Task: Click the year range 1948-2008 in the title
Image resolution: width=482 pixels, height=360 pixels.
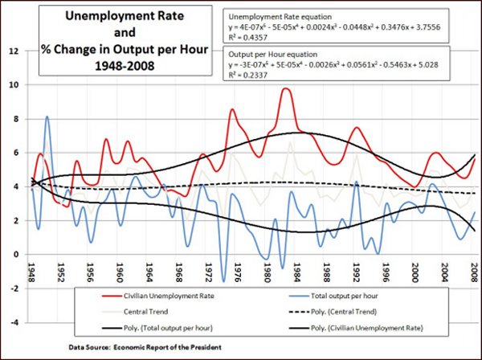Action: pyautogui.click(x=120, y=64)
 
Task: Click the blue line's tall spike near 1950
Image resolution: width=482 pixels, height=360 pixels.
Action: pyautogui.click(x=47, y=117)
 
